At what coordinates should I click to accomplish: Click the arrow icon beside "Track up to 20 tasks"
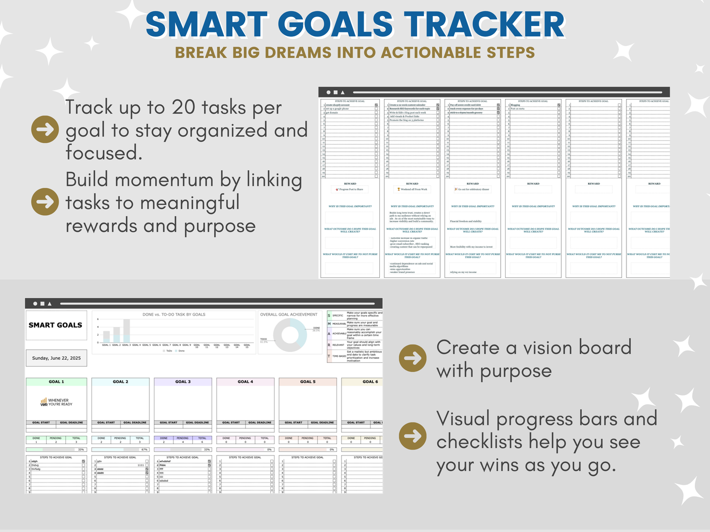[45, 130]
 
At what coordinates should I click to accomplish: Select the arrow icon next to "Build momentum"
[45, 202]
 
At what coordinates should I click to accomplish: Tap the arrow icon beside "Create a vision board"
[412, 358]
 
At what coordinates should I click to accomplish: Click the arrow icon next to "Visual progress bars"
[412, 435]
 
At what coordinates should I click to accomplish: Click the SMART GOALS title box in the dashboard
[56, 325]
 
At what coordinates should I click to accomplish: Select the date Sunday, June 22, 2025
[57, 358]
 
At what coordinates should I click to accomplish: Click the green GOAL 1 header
[56, 381]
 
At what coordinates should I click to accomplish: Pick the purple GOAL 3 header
[183, 381]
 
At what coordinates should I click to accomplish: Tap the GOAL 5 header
[308, 381]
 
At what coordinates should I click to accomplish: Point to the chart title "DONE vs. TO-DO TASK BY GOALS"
[174, 315]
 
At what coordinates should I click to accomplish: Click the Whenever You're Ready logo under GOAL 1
[56, 402]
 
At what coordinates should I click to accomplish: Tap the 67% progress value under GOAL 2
[144, 450]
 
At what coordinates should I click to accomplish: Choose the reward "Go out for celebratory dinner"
[473, 189]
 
